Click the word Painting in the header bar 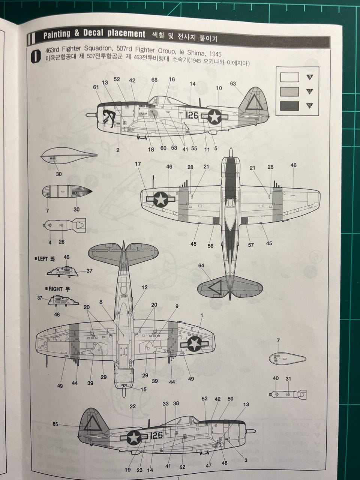(x=57, y=34)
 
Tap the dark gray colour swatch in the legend (x=289, y=106)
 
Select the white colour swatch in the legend (x=289, y=77)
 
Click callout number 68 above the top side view (x=154, y=80)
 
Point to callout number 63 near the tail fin (x=233, y=84)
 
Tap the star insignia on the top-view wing (x=160, y=199)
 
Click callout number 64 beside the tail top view (x=201, y=265)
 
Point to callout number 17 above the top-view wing (x=138, y=164)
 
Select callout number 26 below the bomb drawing (x=61, y=242)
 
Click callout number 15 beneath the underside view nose (x=144, y=389)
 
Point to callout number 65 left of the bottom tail (x=55, y=424)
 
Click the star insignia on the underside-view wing (x=194, y=343)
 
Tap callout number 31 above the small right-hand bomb (x=288, y=378)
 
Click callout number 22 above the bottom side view (x=133, y=406)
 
